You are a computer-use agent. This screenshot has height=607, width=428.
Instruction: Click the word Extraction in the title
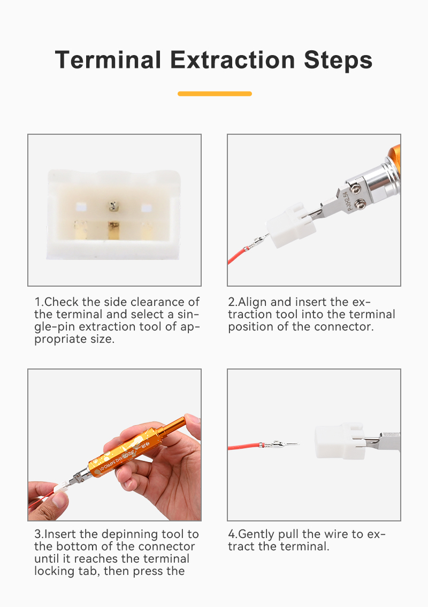pos(232,60)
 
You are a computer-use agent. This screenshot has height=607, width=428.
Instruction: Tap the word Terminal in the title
pos(108,60)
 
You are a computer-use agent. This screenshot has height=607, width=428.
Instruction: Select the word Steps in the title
pos(338,61)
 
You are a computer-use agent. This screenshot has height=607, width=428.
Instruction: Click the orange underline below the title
pos(215,94)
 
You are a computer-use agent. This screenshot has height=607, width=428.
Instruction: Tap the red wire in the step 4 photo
pos(244,447)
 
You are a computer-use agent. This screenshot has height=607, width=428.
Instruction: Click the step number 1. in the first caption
pos(39,302)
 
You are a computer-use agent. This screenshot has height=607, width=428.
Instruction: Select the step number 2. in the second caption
pos(233,302)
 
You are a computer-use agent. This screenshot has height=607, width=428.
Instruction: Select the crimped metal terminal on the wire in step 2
pos(258,243)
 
